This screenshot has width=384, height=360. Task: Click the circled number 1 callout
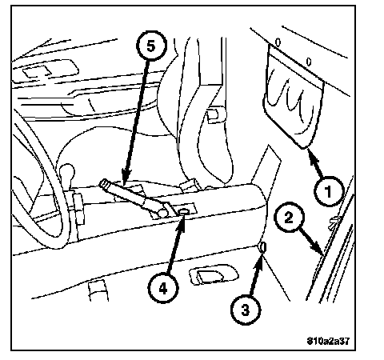328,191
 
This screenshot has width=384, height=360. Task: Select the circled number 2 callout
289,217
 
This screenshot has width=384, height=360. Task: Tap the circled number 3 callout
246,310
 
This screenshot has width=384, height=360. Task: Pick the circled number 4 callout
163,288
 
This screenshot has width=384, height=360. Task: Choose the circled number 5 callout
151,46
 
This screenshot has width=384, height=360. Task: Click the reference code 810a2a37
328,341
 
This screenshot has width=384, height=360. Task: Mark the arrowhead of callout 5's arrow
125,178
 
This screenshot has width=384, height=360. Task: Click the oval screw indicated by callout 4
184,212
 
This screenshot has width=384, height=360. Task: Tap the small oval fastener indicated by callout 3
262,247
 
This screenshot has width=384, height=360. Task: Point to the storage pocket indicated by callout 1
294,98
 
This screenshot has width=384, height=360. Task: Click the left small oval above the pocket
278,42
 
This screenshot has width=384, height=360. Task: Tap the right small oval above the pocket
309,62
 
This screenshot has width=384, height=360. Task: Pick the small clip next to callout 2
334,222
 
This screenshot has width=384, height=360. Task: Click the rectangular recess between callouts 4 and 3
213,274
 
